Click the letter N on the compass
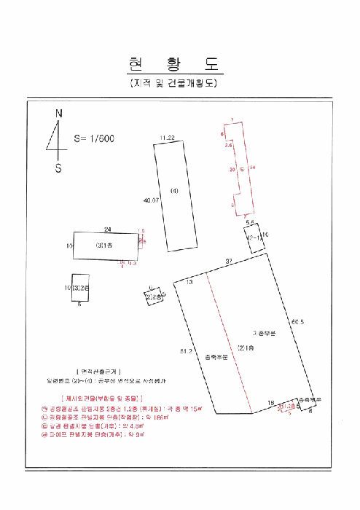click(x=59, y=113)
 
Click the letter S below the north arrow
click(x=59, y=168)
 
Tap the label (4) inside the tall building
click(x=174, y=191)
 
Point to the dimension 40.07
click(x=152, y=200)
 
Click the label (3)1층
click(x=103, y=246)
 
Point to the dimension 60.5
click(x=297, y=321)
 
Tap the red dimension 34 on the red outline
click(x=252, y=168)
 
